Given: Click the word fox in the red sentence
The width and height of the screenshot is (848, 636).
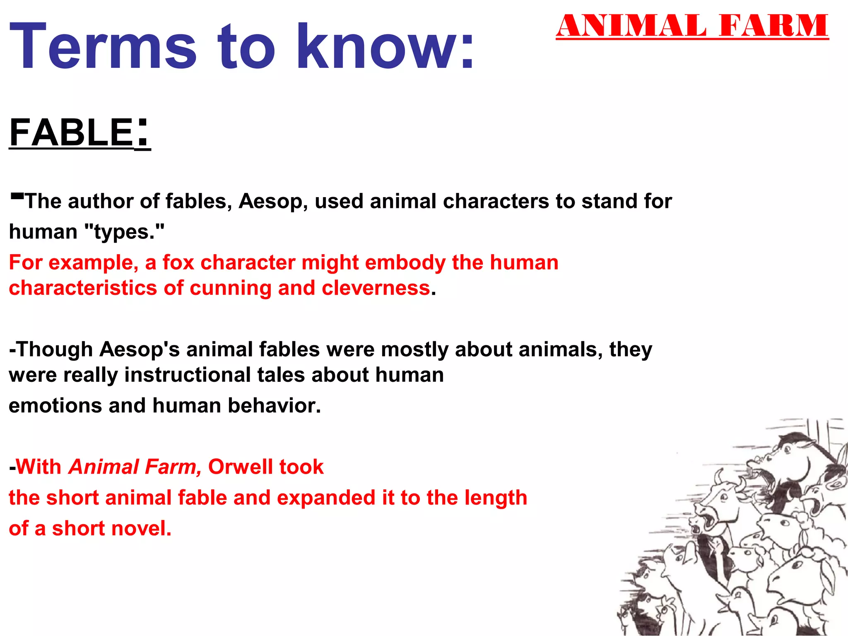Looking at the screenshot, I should (178, 263).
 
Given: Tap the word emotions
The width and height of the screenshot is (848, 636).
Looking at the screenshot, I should (55, 406).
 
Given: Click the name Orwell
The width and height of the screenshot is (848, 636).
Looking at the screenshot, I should (240, 467).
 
